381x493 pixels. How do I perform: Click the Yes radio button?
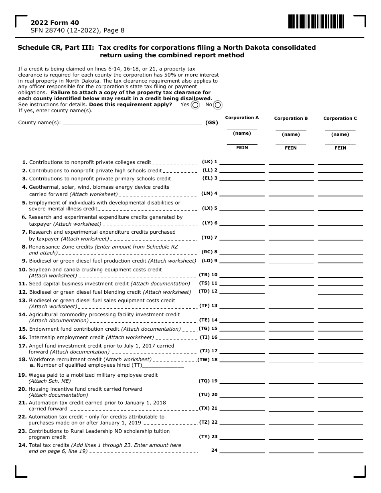[x=195, y=105]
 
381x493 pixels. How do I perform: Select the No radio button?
[x=218, y=105]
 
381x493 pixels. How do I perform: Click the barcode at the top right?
[x=316, y=22]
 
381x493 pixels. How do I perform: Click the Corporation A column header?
[x=242, y=117]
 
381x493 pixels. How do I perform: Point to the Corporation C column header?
[x=340, y=118]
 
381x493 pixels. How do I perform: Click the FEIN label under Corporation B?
[x=291, y=148]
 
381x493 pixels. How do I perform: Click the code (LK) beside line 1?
[x=207, y=162]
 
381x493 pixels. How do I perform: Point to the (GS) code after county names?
[x=212, y=123]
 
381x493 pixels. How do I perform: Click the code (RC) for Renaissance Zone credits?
[x=207, y=252]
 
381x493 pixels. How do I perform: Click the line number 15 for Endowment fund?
[x=23, y=329]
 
